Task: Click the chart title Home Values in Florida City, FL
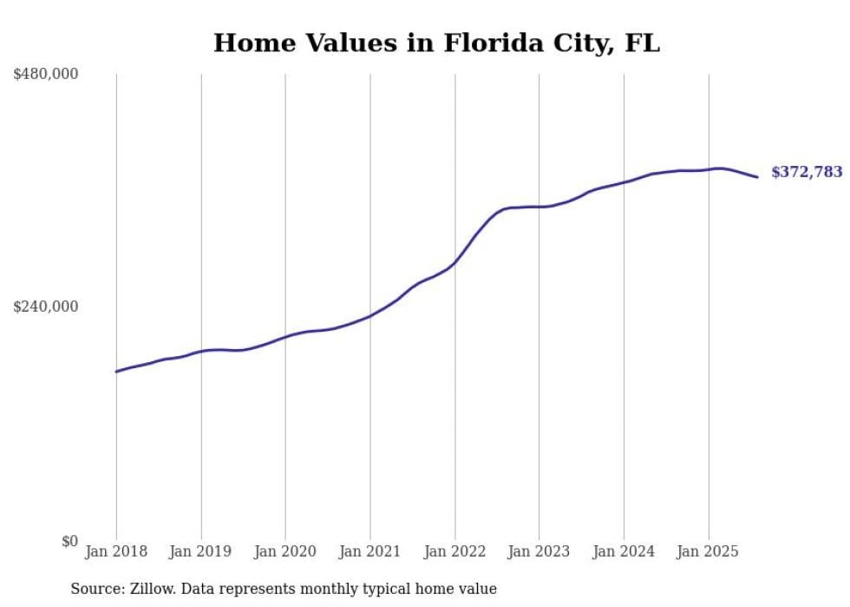coord(436,43)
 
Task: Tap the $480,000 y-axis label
coord(46,75)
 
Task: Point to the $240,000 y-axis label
coord(46,307)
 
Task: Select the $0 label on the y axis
coord(69,541)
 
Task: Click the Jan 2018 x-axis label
coord(116,551)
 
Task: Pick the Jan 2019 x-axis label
coord(201,551)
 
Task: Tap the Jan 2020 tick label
coord(285,551)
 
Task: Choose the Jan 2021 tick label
coord(370,551)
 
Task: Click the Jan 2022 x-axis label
coord(454,551)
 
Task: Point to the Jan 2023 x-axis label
coord(539,551)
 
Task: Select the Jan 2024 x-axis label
coord(624,551)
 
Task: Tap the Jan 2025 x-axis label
coord(708,551)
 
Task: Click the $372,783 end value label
coord(807,172)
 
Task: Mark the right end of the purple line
coord(758,177)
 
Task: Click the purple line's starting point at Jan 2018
coord(116,372)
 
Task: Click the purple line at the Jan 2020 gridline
coord(285,337)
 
